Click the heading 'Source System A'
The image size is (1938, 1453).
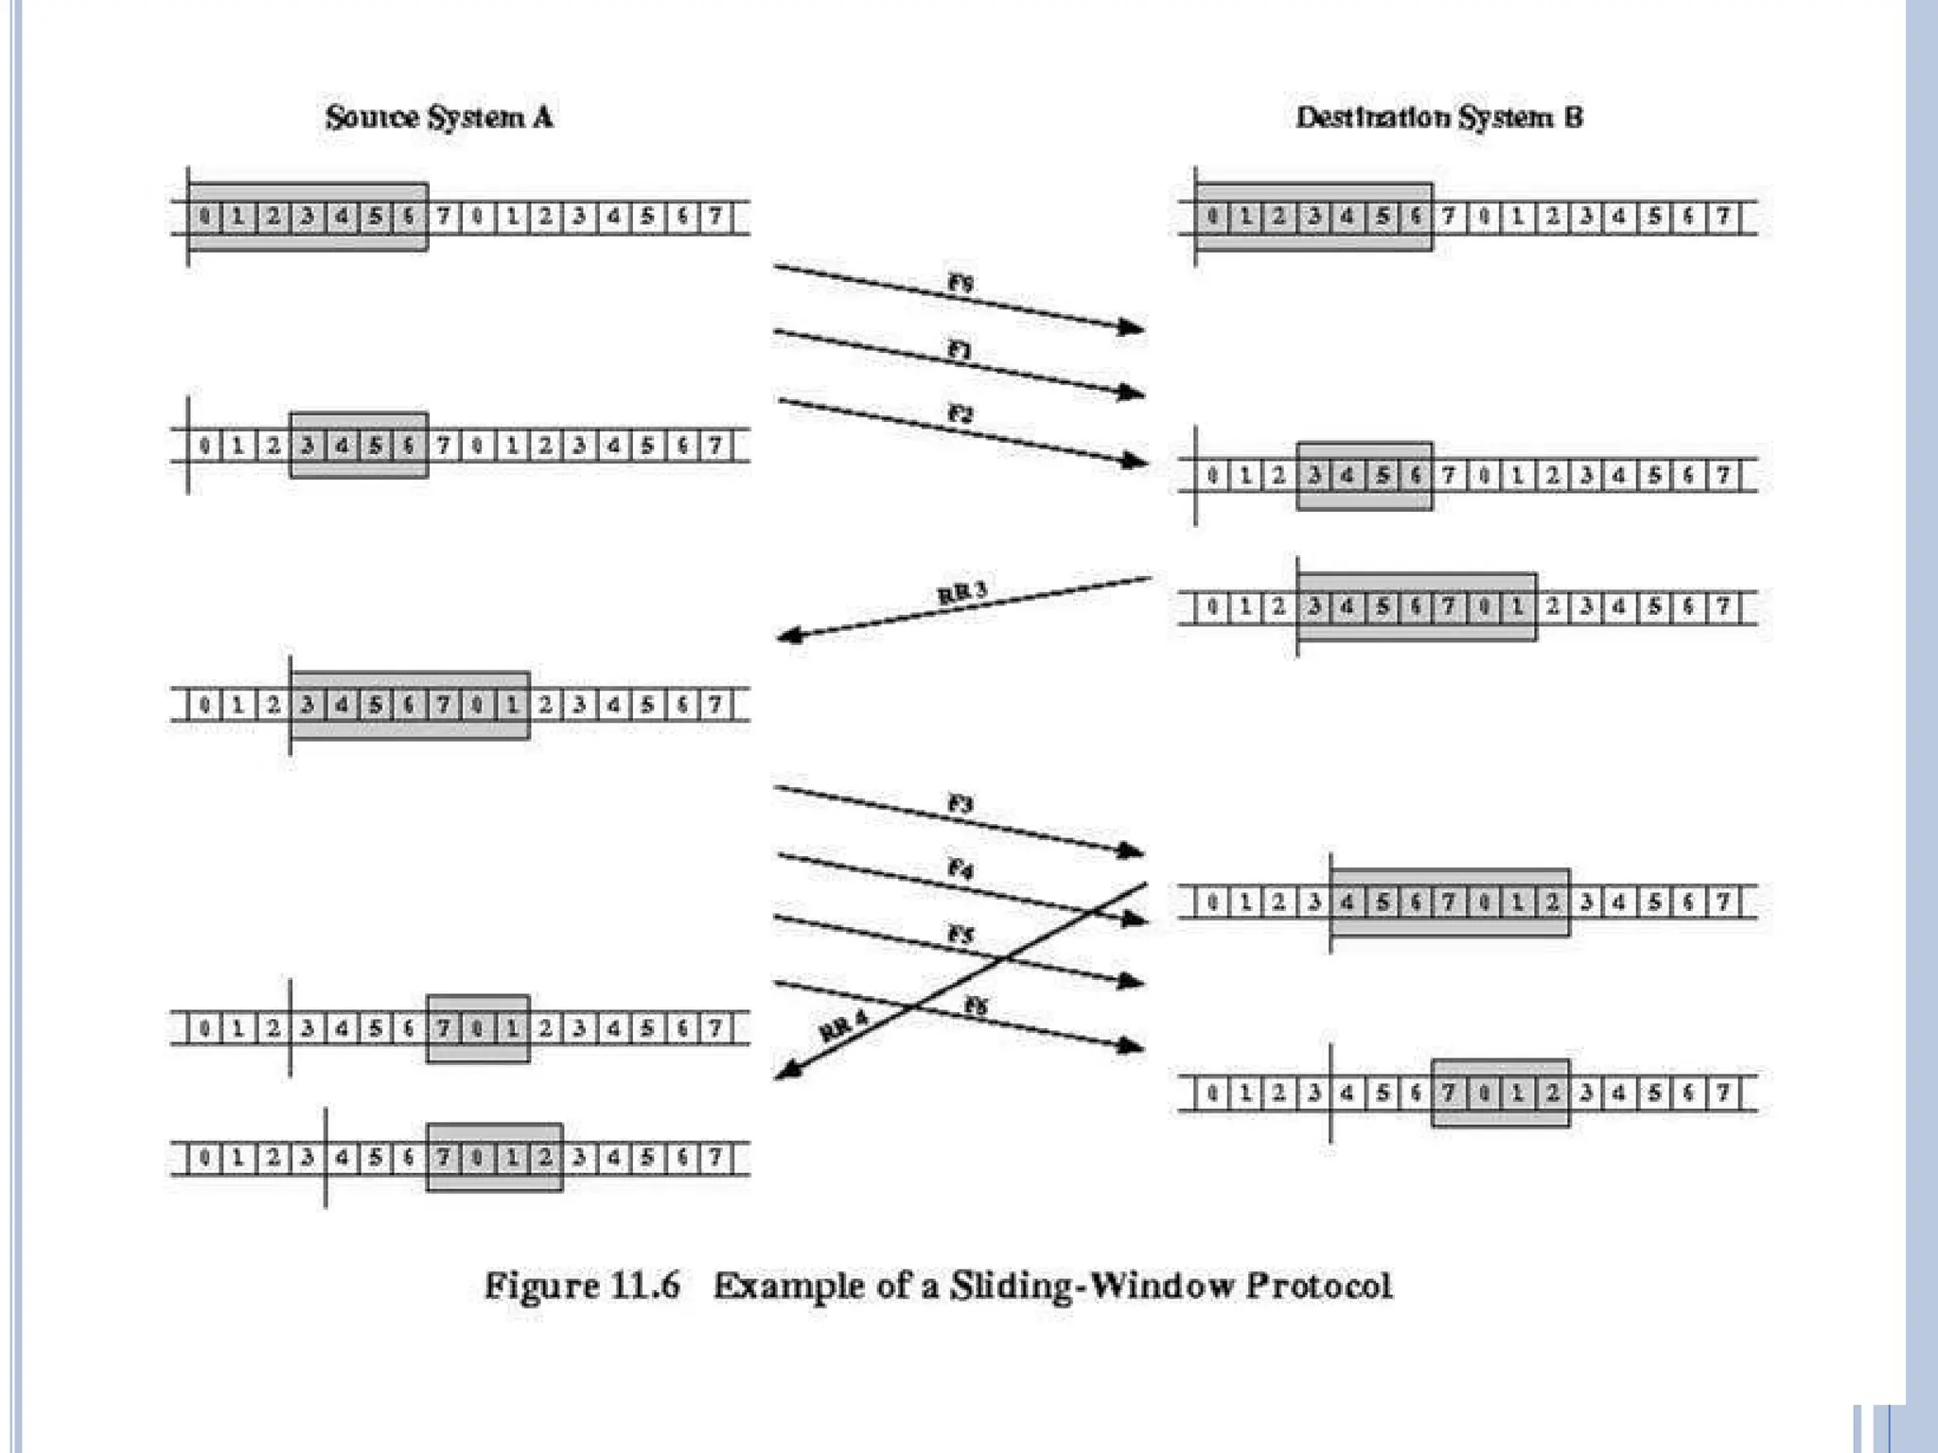pos(439,117)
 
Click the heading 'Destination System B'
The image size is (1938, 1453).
pos(1438,117)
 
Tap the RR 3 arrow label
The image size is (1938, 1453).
pos(962,593)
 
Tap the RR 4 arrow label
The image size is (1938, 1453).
pos(843,1026)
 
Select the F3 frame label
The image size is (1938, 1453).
pos(960,804)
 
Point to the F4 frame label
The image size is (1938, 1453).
pos(960,868)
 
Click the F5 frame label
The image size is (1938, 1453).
pos(960,935)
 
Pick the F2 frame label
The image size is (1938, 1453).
pos(960,413)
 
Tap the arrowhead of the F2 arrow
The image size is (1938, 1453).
pos(1133,461)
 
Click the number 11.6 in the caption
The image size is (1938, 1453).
pos(645,1287)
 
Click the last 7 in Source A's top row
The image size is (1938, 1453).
pos(715,217)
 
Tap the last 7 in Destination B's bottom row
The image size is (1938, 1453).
pos(1723,1094)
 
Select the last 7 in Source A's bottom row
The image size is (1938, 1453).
pos(715,1157)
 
